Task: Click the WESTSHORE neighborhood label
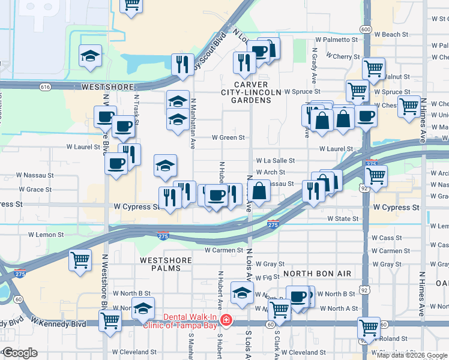click(106, 87)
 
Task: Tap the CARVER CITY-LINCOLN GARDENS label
click(251, 92)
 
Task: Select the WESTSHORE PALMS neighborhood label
click(166, 265)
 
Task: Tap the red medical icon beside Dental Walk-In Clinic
click(225, 321)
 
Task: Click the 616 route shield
click(45, 86)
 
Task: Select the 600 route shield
click(366, 29)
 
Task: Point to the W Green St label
click(228, 137)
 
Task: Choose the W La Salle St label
click(276, 161)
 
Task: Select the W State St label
click(343, 218)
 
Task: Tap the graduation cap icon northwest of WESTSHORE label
click(90, 56)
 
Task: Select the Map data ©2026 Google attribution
click(412, 355)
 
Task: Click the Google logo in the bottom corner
click(20, 353)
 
